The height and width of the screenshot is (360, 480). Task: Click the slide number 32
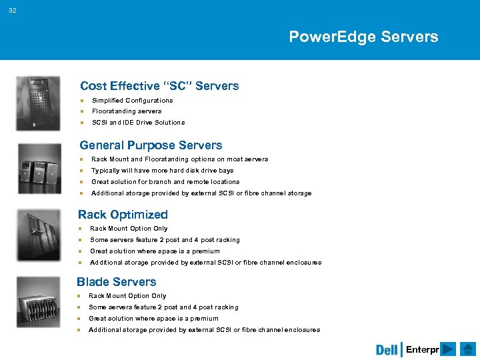13,9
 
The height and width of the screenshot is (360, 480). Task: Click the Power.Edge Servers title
363,37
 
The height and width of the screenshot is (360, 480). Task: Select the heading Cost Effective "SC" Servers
159,86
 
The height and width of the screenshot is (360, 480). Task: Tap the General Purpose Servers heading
151,145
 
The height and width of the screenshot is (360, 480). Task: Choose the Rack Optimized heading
123,215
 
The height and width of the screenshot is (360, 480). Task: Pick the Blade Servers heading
117,282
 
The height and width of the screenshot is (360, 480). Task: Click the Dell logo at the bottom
387,350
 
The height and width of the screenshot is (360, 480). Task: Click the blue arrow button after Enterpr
449,350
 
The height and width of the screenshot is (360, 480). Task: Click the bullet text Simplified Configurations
132,101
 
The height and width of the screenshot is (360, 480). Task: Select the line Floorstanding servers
127,111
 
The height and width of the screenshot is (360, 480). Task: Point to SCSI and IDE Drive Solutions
138,123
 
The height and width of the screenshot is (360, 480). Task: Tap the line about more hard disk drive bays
162,171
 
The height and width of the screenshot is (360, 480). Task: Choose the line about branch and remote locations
165,182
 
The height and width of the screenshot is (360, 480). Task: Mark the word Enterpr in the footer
422,350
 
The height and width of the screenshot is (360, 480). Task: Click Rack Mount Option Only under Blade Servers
127,296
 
